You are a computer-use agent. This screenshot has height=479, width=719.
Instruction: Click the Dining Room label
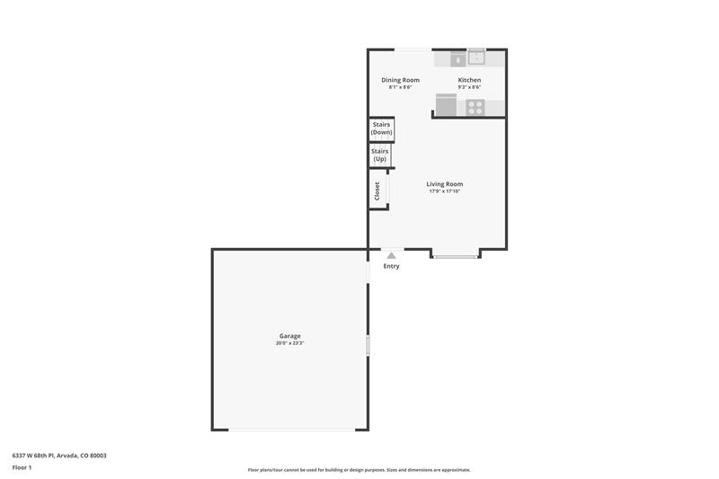(x=400, y=80)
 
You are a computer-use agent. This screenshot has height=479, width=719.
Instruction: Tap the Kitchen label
(x=469, y=80)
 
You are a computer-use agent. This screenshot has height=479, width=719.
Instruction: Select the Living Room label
(x=444, y=184)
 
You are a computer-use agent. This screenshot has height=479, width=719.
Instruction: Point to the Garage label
(x=289, y=335)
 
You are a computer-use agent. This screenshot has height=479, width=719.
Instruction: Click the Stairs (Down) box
(x=381, y=129)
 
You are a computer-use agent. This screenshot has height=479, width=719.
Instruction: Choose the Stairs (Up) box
(x=380, y=155)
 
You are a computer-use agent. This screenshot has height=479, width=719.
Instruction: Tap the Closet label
(x=377, y=191)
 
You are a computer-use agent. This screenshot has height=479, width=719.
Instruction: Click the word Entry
(x=391, y=266)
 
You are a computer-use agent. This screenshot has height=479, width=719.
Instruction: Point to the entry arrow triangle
(x=391, y=255)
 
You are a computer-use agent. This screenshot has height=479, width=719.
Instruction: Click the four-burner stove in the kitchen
(x=475, y=108)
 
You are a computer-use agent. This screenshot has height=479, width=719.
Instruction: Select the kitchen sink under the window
(x=477, y=58)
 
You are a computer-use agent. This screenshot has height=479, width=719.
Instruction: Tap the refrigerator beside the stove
(x=446, y=105)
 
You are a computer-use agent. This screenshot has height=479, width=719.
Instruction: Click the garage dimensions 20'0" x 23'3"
(x=289, y=343)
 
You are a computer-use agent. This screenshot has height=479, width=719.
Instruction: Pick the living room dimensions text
(x=444, y=191)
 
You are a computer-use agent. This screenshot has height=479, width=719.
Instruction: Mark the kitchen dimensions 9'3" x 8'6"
(x=469, y=87)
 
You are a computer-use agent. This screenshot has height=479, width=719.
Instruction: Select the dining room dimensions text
(x=400, y=87)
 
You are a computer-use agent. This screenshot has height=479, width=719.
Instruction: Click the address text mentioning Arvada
(x=59, y=456)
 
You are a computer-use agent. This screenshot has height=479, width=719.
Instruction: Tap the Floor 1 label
(x=22, y=467)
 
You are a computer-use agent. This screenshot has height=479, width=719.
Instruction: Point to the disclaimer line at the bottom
(x=359, y=470)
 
